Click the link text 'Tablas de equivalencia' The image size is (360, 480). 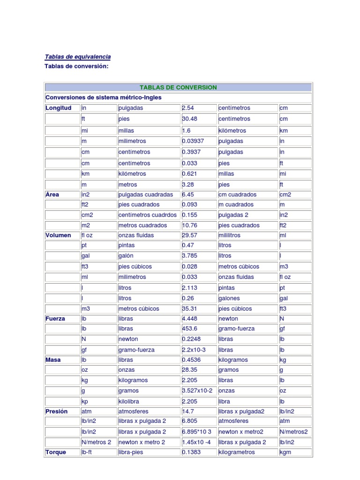tap(78, 57)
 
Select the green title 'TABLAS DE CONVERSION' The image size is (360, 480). tap(178, 88)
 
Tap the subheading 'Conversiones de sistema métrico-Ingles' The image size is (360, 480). tap(104, 97)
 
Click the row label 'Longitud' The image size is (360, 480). tap(59, 108)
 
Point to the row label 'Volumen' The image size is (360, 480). tap(59, 235)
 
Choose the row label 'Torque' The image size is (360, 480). tap(56, 452)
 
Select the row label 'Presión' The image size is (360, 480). tap(57, 411)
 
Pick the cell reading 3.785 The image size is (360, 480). tap(191, 256)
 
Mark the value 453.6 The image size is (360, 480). tap(191, 329)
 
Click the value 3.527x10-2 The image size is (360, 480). tap(197, 390)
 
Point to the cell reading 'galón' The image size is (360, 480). tap(126, 256)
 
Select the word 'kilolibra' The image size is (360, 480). tap(129, 402)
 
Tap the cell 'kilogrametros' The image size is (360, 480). tap(237, 452)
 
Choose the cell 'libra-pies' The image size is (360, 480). tap(131, 452)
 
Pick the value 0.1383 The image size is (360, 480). tap(192, 452)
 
